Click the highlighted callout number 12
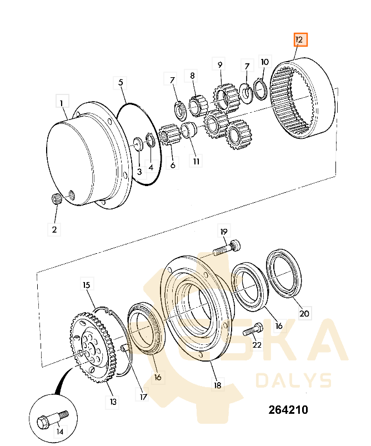(x=300, y=39)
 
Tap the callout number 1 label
(x=62, y=102)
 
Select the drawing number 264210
(x=288, y=410)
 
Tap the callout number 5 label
(x=121, y=83)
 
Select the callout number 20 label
(x=304, y=313)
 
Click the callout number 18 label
(x=217, y=385)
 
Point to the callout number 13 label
(x=113, y=402)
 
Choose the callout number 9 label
(x=219, y=64)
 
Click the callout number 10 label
(x=264, y=62)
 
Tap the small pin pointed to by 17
(x=124, y=348)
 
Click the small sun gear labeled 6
(x=170, y=134)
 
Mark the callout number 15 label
(x=87, y=285)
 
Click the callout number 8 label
(x=192, y=76)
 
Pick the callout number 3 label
(x=139, y=172)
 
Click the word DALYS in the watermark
(x=294, y=380)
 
